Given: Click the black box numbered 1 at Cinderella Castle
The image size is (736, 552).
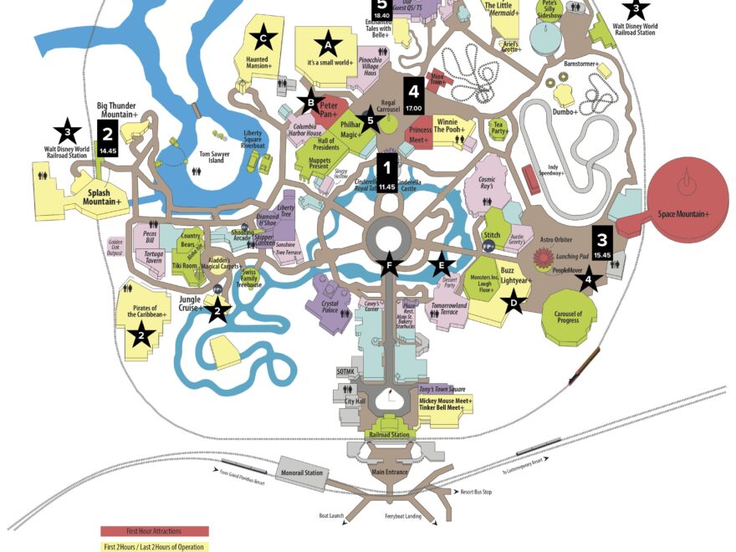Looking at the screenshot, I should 386,173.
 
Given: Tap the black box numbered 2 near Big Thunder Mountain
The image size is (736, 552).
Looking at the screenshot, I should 107,138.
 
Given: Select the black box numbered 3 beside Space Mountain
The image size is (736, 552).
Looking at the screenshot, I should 602,243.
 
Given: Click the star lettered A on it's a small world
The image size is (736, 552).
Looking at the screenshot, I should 327,43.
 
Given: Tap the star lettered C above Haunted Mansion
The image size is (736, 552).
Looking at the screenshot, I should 263,38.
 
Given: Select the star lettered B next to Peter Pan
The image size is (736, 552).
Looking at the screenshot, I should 310,103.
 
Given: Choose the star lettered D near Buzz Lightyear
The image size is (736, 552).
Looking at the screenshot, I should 515,303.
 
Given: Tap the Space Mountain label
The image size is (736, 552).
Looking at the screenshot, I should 683,215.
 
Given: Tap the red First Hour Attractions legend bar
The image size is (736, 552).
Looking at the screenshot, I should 155,531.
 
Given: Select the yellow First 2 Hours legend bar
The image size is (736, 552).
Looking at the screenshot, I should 155,546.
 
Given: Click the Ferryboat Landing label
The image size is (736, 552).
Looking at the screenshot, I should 402,517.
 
